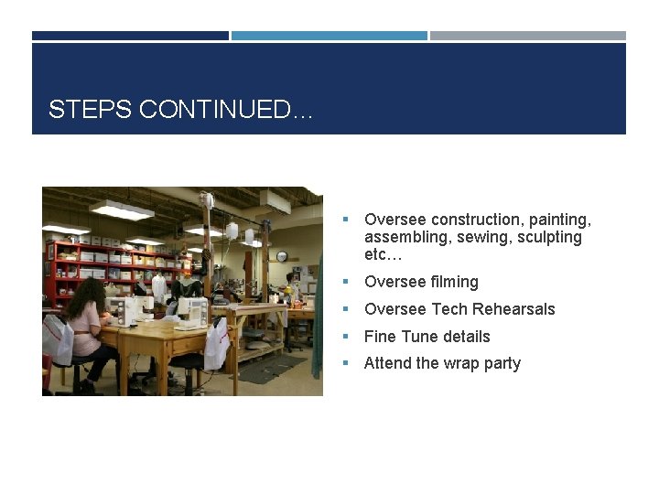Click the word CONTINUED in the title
(211, 111)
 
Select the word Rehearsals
(513, 309)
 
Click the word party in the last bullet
(502, 363)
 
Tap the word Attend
(387, 363)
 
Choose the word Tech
(448, 309)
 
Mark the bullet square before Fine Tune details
(346, 337)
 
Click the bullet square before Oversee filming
(346, 282)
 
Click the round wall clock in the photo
(282, 257)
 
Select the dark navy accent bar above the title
(130, 36)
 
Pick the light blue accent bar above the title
(329, 36)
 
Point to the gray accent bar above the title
(528, 36)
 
